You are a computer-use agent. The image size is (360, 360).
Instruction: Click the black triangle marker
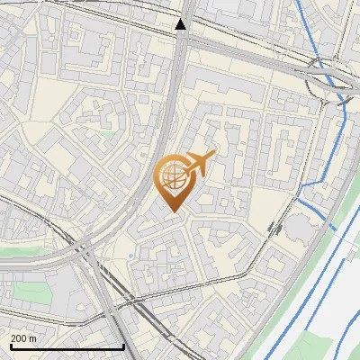181,24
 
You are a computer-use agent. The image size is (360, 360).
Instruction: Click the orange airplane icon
199,164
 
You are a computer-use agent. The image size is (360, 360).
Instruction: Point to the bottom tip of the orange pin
173,212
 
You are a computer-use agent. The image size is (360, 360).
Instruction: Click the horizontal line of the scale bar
67,346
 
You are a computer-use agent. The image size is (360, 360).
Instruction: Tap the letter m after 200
32,337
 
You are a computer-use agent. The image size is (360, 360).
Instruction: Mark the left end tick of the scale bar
11,345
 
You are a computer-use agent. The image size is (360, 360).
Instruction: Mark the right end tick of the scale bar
123,345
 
